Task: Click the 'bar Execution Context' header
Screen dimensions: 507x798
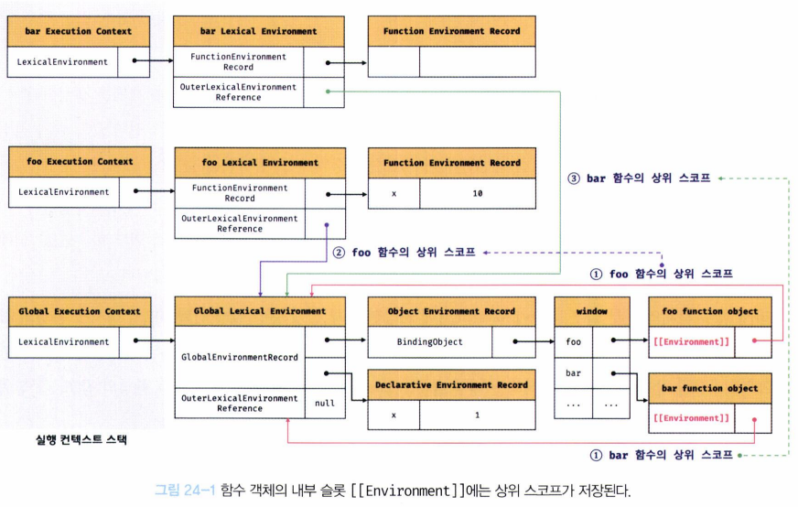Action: click(x=79, y=31)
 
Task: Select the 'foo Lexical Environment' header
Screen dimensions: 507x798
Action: click(x=260, y=163)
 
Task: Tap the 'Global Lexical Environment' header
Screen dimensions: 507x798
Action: click(x=260, y=311)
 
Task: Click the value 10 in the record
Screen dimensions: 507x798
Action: click(x=478, y=194)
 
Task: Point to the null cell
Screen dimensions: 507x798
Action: click(x=324, y=403)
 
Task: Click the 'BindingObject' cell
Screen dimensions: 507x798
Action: click(x=429, y=342)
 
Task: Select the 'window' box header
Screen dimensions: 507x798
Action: click(x=591, y=311)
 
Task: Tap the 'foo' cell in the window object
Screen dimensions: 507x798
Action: click(x=573, y=342)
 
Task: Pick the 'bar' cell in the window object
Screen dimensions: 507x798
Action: click(x=573, y=373)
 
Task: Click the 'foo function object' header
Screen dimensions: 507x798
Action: click(x=710, y=311)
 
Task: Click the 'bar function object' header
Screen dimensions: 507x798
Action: click(x=710, y=388)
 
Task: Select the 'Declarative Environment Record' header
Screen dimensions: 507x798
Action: click(x=451, y=385)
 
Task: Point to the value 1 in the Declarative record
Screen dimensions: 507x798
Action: click(x=478, y=415)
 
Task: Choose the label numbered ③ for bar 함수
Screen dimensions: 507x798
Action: click(x=639, y=178)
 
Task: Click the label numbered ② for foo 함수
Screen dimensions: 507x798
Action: click(x=404, y=252)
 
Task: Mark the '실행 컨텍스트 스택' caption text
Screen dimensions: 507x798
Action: click(x=79, y=440)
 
